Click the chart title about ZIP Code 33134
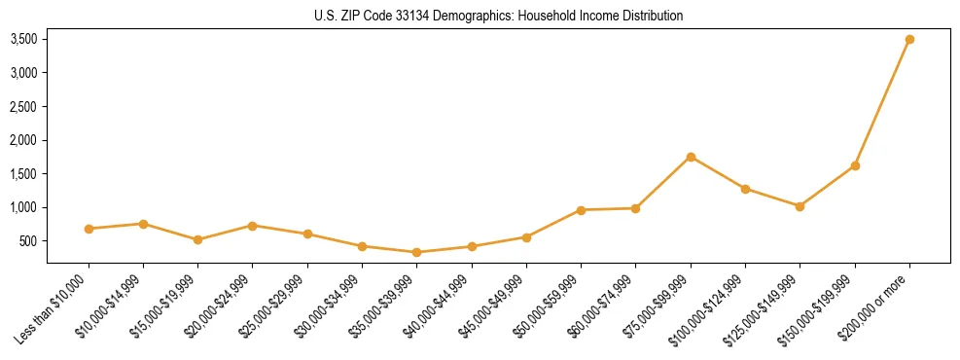pos(498,16)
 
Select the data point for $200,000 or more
pos(909,40)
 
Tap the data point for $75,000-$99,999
pos(691,157)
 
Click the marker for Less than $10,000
pos(89,229)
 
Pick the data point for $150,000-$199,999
pos(855,165)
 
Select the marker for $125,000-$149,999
pos(800,206)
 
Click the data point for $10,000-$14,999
pos(143,224)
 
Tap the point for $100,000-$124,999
pos(745,189)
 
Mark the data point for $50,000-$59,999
pos(581,210)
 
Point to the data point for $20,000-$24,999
pos(253,226)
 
